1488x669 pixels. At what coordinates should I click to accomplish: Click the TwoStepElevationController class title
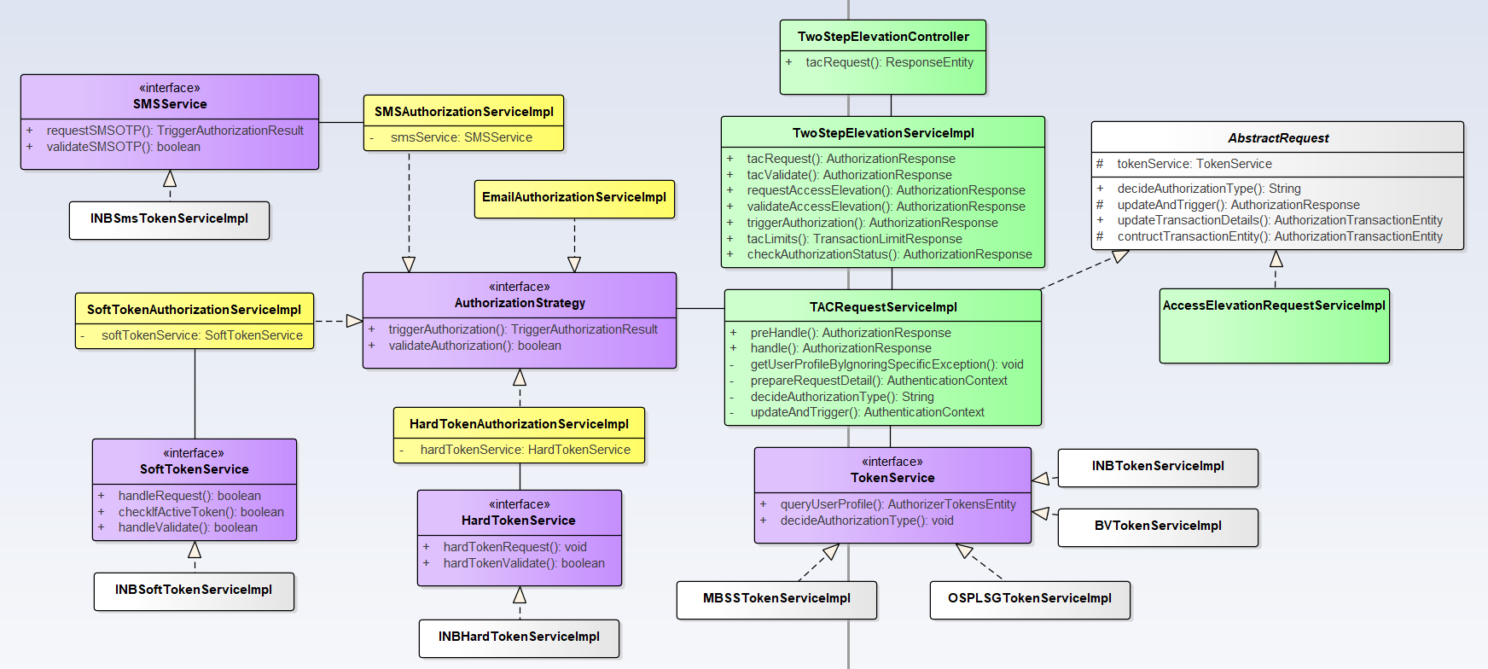click(x=883, y=37)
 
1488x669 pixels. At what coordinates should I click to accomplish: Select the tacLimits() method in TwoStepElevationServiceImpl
click(x=854, y=239)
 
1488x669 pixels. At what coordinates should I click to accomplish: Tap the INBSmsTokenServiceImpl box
click(x=169, y=219)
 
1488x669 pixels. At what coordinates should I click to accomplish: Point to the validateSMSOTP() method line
click(x=124, y=147)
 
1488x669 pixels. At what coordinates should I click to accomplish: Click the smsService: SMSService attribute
click(x=461, y=137)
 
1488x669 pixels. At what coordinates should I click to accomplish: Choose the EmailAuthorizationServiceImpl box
click(x=574, y=198)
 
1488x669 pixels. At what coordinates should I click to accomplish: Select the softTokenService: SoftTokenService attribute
click(x=201, y=335)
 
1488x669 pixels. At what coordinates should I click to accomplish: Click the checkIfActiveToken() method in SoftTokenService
click(x=201, y=512)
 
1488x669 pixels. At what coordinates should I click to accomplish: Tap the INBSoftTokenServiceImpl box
click(x=194, y=590)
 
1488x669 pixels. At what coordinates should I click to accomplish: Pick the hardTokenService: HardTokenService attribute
click(x=525, y=450)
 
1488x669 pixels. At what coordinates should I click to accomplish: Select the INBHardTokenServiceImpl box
click(x=519, y=637)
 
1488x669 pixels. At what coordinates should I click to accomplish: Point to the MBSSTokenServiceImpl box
click(x=776, y=599)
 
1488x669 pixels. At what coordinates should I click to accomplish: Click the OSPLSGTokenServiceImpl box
click(x=1030, y=599)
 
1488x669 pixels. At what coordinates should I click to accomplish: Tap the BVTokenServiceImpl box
click(x=1158, y=526)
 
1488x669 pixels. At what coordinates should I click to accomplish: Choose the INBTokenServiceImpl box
click(x=1158, y=467)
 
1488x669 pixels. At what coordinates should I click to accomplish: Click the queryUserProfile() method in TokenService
click(x=898, y=504)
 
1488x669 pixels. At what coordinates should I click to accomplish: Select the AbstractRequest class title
click(x=1278, y=138)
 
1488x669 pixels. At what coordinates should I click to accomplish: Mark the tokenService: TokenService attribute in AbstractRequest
click(x=1194, y=164)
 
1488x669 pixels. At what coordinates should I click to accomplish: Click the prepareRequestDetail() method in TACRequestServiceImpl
click(x=879, y=381)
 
